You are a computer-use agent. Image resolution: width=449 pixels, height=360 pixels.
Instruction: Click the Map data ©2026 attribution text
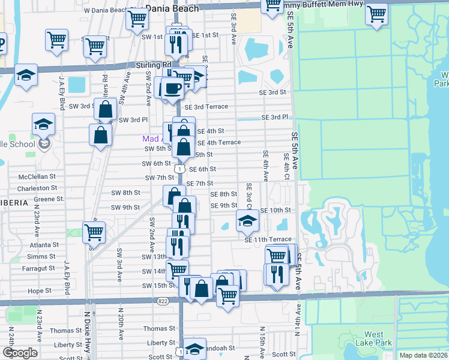(424, 355)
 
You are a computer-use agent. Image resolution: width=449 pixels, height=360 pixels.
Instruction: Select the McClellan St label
(37, 177)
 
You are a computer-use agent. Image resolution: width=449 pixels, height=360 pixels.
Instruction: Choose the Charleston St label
(37, 188)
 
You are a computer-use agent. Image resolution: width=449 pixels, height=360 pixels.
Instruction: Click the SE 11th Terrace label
(268, 239)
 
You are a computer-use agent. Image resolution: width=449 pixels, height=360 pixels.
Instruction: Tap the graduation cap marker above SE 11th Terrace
(247, 221)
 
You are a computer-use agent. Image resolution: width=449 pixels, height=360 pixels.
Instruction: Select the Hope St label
(40, 290)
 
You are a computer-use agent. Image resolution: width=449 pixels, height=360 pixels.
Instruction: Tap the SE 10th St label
(276, 211)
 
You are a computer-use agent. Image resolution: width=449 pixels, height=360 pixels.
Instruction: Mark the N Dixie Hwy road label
(86, 331)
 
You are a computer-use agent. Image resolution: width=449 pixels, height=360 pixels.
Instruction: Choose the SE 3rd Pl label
(276, 117)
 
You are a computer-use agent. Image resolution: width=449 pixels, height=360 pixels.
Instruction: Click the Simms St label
(41, 256)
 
